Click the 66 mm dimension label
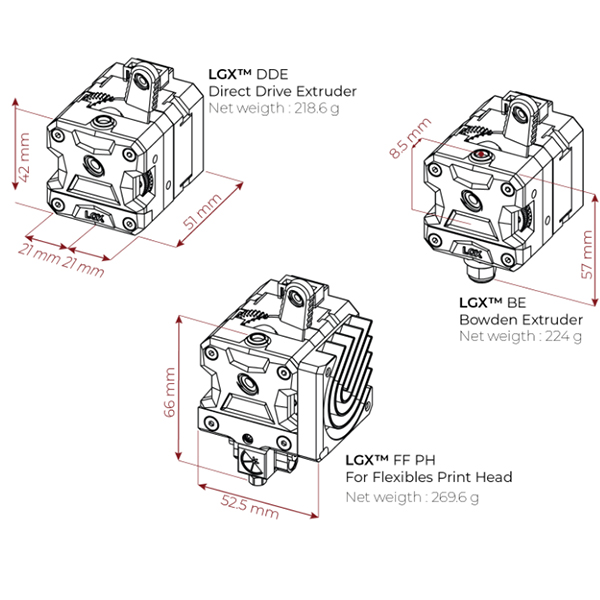click(x=170, y=396)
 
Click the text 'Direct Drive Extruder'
click(x=282, y=91)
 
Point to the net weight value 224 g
click(x=562, y=335)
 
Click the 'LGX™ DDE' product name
click(x=247, y=74)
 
